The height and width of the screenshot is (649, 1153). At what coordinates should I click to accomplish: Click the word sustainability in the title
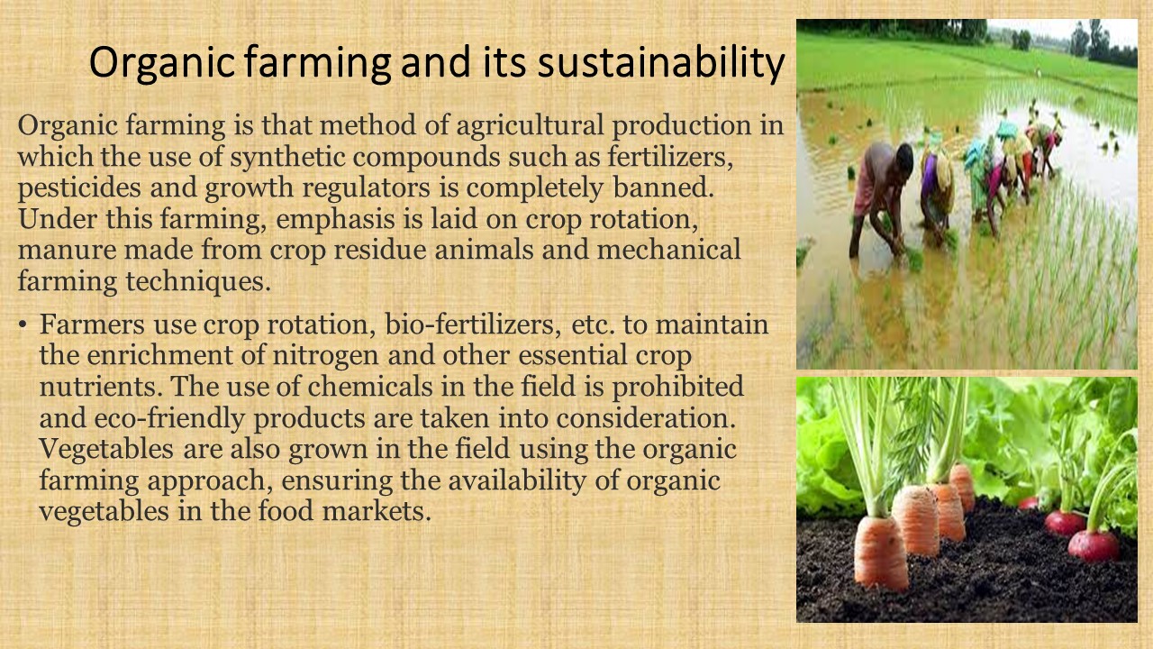click(x=661, y=63)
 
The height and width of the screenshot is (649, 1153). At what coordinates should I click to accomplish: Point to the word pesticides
click(x=79, y=188)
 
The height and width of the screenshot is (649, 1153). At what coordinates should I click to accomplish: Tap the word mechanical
click(x=669, y=250)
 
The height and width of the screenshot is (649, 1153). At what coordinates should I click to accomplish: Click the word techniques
click(x=197, y=282)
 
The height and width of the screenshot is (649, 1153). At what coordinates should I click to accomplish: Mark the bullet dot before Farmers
click(x=23, y=325)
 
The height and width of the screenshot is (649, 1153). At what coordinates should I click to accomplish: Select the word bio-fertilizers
click(x=473, y=324)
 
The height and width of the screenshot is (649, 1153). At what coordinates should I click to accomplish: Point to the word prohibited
click(x=678, y=388)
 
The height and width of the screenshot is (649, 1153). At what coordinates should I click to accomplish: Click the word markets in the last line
click(x=377, y=511)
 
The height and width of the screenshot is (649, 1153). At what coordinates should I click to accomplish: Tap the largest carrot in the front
click(x=881, y=553)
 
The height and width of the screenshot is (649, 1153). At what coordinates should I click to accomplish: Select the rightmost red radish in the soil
click(x=1094, y=545)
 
